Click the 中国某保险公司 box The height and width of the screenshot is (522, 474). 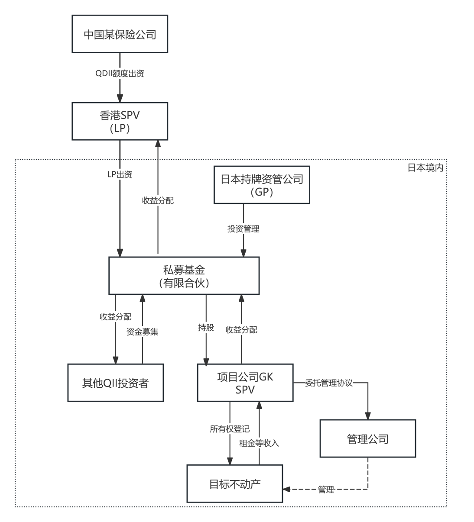(x=120, y=34)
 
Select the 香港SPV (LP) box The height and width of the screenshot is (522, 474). (x=120, y=121)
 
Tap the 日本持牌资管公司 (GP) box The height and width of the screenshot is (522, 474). (x=262, y=185)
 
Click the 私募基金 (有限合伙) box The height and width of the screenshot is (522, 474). (x=184, y=276)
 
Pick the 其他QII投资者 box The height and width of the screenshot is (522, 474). (x=115, y=383)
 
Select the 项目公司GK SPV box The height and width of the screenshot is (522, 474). (x=245, y=383)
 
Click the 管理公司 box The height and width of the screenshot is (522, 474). (x=367, y=438)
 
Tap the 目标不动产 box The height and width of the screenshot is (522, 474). (x=234, y=483)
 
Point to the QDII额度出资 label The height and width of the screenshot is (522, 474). (x=120, y=74)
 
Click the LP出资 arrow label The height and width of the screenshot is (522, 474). (x=120, y=174)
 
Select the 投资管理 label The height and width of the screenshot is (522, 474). (x=243, y=229)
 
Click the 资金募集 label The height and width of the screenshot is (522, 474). (x=142, y=332)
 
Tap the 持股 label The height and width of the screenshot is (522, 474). (x=206, y=328)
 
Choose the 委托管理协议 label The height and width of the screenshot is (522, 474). (x=328, y=383)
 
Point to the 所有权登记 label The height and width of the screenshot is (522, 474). (x=230, y=429)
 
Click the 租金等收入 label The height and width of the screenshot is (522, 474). (x=259, y=443)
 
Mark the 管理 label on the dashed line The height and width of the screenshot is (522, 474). (x=326, y=490)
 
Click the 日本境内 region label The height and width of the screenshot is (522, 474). (x=425, y=168)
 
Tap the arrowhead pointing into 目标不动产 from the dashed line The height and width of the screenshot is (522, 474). (x=286, y=490)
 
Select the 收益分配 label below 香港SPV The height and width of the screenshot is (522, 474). (x=158, y=200)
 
